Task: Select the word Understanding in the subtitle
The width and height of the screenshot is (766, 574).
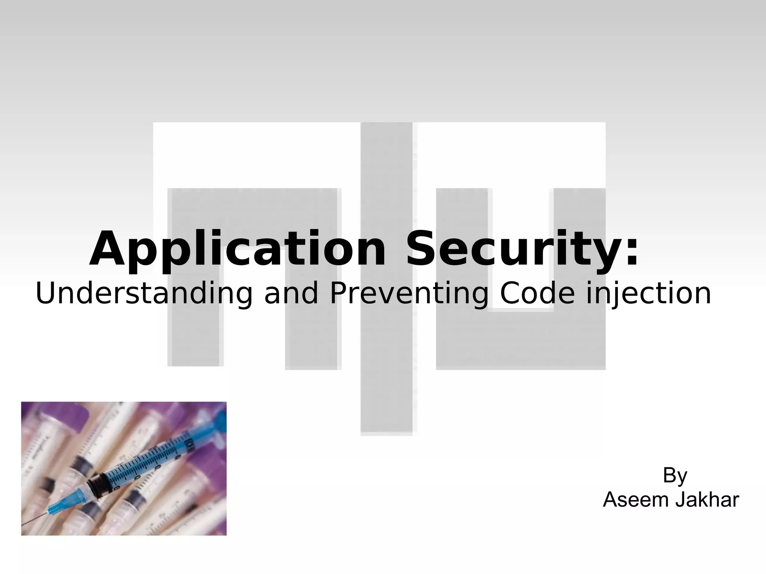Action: (x=144, y=294)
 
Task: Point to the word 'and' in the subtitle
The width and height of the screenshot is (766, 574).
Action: (x=291, y=294)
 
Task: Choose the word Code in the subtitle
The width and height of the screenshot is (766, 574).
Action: (x=537, y=294)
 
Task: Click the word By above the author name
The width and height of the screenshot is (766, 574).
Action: (x=675, y=476)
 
